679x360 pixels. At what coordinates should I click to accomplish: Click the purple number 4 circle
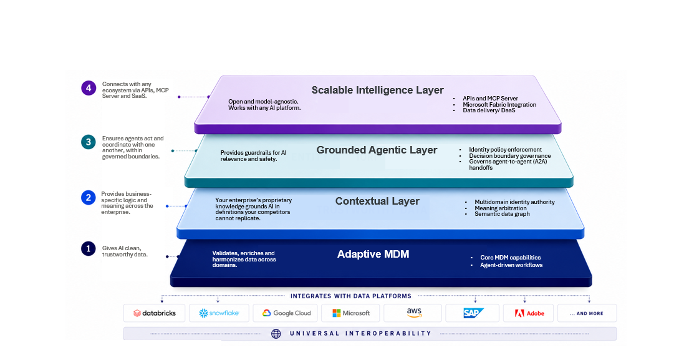click(89, 88)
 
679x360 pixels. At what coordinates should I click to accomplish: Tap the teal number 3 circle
click(89, 142)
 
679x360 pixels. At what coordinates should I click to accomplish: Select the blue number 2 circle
click(89, 198)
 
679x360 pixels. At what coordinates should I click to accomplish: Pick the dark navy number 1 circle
click(89, 249)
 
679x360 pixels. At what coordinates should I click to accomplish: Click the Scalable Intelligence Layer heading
click(378, 90)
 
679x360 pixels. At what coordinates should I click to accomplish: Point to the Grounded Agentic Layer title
click(377, 150)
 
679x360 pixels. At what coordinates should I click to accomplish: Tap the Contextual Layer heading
click(377, 201)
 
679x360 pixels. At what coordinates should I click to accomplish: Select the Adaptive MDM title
click(373, 255)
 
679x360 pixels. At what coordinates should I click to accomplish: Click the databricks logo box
click(154, 313)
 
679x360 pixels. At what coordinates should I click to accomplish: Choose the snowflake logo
click(219, 313)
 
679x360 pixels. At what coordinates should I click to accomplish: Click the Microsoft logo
click(350, 313)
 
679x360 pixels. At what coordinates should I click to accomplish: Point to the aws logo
click(414, 313)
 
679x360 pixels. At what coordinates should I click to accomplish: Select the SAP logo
click(473, 313)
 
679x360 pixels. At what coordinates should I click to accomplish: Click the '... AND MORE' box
click(587, 313)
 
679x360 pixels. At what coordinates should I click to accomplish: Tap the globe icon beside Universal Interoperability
click(276, 334)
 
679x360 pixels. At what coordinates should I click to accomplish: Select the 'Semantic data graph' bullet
click(502, 214)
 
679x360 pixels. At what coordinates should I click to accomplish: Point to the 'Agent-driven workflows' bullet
click(511, 265)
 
